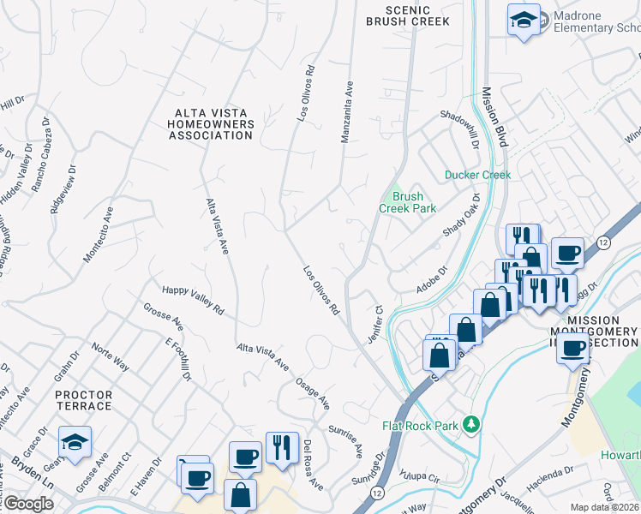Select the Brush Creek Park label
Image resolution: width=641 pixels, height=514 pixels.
[409, 202]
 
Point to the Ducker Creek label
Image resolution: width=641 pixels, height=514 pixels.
[477, 175]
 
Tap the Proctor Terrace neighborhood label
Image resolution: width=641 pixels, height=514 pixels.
[83, 400]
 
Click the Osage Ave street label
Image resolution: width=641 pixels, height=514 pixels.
[313, 392]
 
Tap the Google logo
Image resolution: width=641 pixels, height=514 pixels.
[28, 504]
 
